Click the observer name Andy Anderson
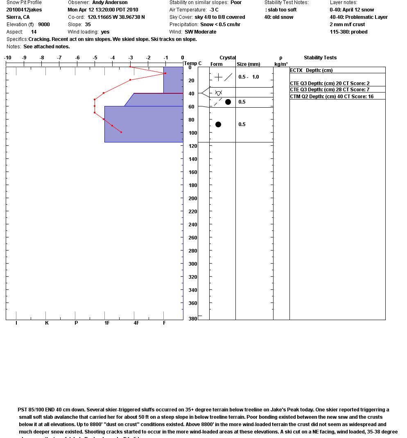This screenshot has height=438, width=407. pyautogui.click(x=110, y=2)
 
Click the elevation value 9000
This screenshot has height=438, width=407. pyautogui.click(x=44, y=25)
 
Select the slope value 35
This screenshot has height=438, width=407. pyautogui.click(x=88, y=25)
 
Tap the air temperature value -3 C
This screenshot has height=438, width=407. pyautogui.click(x=214, y=10)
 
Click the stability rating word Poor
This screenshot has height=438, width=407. pyautogui.click(x=236, y=2)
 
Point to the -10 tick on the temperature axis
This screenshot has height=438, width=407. pyautogui.click(x=8, y=58)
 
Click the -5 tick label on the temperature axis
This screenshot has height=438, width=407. pyautogui.click(x=95, y=58)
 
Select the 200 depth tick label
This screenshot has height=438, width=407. pyautogui.click(x=192, y=199)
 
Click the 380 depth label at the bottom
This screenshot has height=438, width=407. pyautogui.click(x=192, y=319)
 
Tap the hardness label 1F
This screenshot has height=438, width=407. pyautogui.click(x=107, y=323)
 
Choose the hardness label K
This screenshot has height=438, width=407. pyautogui.click(x=47, y=323)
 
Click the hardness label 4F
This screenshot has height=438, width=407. pyautogui.click(x=136, y=323)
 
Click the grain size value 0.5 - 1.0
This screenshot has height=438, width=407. pyautogui.click(x=249, y=77)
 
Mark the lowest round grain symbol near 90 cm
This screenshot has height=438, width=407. pyautogui.click(x=218, y=124)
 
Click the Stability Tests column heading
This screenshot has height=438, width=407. pyautogui.click(x=320, y=58)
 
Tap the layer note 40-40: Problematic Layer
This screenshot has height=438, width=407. pyautogui.click(x=359, y=17)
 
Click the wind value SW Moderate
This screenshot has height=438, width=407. pyautogui.click(x=201, y=32)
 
